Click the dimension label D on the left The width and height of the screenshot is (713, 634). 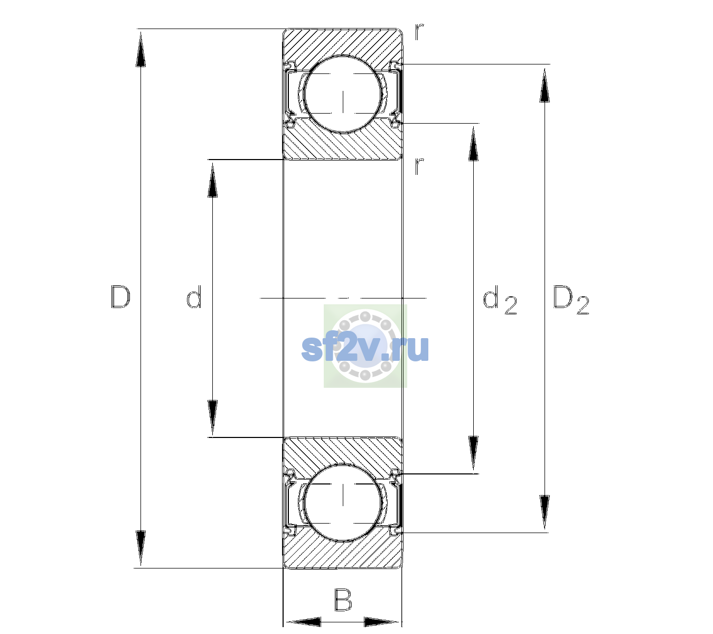click(x=120, y=297)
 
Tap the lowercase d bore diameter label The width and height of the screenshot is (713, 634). click(x=194, y=297)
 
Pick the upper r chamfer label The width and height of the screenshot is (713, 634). click(x=419, y=32)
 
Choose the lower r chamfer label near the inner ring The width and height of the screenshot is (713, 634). click(x=419, y=166)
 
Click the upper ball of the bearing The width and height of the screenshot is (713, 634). click(x=343, y=95)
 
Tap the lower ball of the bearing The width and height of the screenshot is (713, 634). click(x=343, y=502)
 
